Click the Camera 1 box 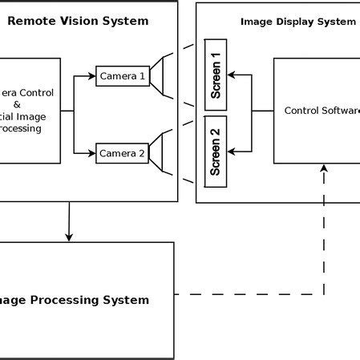(x=123, y=76)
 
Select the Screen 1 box (x=216, y=75)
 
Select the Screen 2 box (x=216, y=152)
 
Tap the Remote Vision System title (x=78, y=21)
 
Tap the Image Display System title (x=297, y=22)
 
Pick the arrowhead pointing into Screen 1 (x=232, y=75)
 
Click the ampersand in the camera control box (x=29, y=104)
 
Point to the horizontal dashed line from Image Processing (x=249, y=294)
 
